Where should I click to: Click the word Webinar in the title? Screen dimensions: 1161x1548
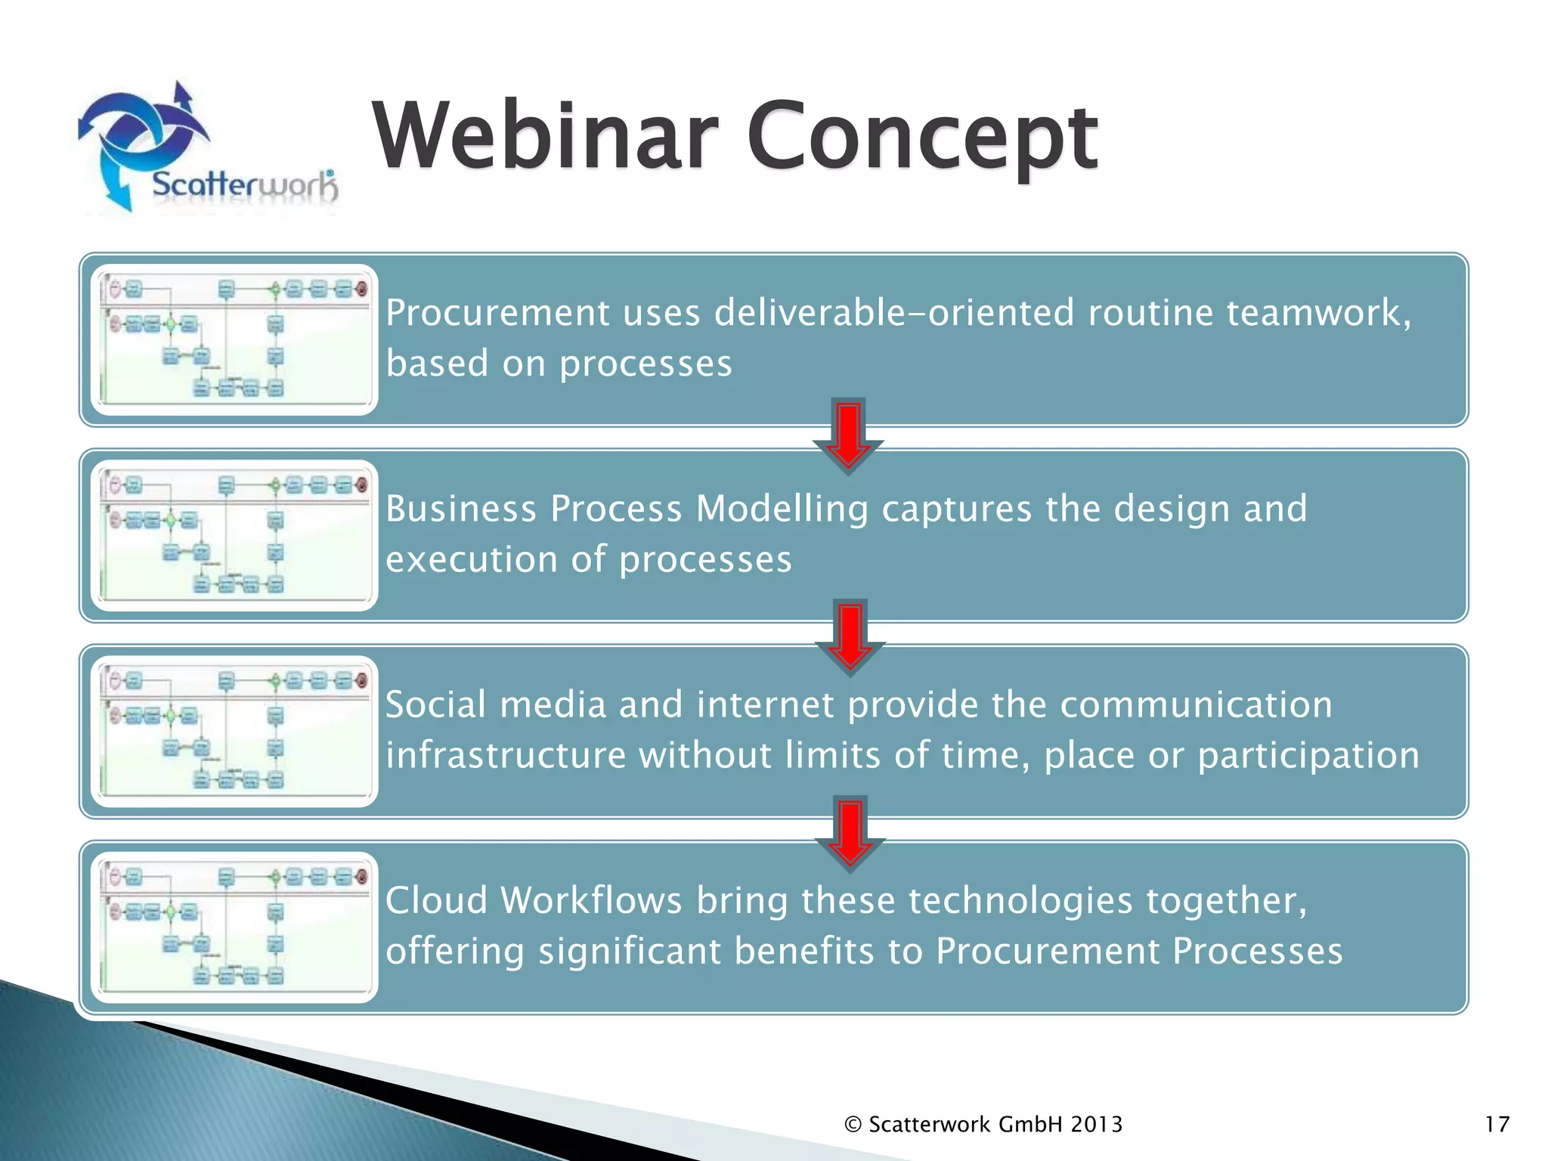pos(544,136)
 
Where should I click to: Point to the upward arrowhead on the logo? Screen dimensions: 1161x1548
pos(181,94)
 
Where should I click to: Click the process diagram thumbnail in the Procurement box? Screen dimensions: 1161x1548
pos(234,339)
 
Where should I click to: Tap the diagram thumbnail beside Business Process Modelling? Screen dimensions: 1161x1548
pos(234,535)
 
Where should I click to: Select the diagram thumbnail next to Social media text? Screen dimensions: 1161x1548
pos(234,731)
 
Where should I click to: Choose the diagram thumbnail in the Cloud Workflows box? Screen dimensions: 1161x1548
pos(234,927)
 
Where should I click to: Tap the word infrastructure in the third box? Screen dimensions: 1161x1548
pos(506,755)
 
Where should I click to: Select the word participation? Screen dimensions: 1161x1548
pos(1308,755)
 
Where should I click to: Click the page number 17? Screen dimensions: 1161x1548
pos(1497,1125)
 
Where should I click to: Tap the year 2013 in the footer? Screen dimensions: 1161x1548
pos(1097,1125)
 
